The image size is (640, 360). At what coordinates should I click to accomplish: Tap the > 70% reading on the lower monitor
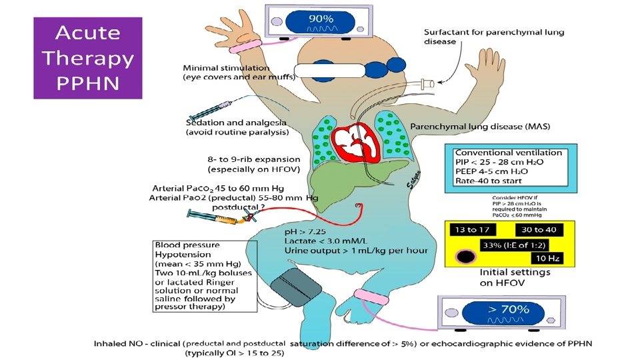pos(508,309)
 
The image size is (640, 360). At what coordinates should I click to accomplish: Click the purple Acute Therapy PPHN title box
pos(88,58)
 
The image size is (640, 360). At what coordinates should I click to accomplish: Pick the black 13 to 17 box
pos(472,230)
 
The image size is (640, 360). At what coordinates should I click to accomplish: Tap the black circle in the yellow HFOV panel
pos(465,257)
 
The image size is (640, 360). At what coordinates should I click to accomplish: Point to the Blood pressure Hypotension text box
pos(205,275)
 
